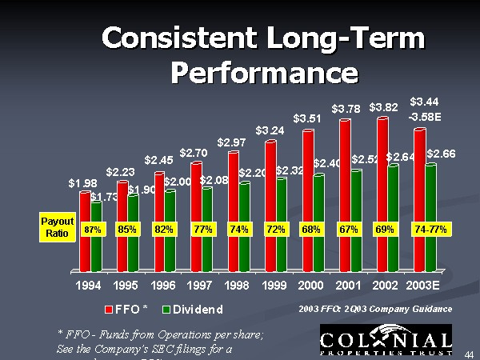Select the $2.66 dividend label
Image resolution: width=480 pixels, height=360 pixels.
442,154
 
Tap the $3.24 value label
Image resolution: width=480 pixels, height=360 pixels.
270,130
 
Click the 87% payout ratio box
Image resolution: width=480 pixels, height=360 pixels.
93,230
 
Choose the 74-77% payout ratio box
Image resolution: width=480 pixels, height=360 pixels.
430,230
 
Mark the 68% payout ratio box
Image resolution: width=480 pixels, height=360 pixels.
310,230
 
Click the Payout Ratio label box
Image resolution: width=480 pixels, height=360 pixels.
58,227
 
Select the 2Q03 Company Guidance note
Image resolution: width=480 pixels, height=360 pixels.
374,308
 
